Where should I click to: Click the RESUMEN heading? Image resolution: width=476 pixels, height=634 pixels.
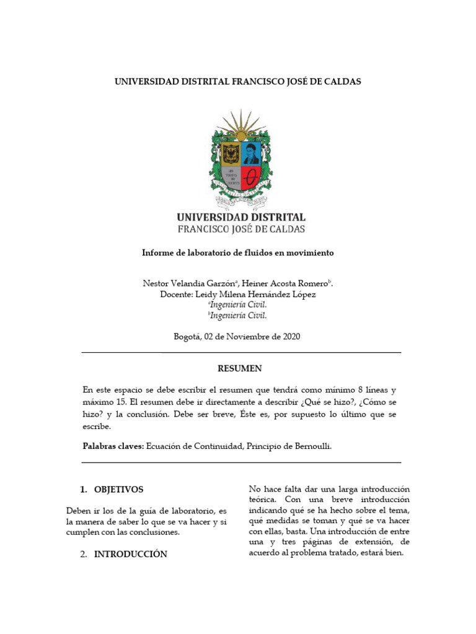[239, 368]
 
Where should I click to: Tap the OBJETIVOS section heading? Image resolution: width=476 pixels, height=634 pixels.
[118, 489]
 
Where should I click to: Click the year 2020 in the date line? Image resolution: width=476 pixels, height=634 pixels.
[291, 337]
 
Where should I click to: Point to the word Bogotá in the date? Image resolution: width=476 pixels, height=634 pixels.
[188, 337]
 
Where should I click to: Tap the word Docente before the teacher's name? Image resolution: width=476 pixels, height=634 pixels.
[176, 295]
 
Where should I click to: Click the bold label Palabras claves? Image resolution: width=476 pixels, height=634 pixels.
[113, 446]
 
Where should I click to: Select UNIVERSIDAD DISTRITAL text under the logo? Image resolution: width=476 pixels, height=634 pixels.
[241, 217]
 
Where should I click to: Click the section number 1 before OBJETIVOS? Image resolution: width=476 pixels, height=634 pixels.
[83, 489]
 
